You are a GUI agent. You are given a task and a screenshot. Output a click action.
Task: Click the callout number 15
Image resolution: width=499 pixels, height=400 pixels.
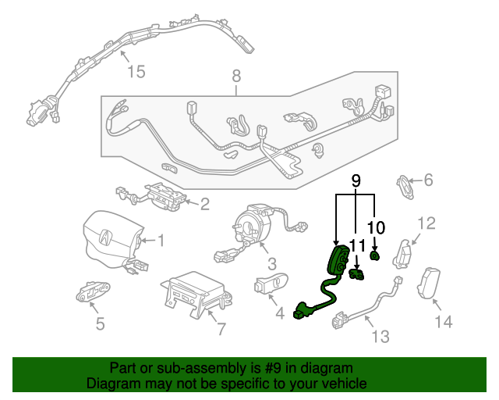136,72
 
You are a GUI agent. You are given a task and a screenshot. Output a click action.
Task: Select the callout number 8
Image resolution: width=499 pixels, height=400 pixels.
236,77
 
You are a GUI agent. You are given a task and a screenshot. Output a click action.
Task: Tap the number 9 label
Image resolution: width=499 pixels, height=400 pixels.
356,181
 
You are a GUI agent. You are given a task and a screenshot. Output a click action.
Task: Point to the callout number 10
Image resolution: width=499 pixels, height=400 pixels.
376,227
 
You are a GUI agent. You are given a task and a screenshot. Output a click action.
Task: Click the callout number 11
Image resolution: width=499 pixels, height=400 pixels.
357,246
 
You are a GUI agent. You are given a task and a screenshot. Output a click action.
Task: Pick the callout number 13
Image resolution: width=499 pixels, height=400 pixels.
380,337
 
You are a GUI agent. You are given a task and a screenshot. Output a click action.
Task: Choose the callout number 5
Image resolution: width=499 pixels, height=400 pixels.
100,323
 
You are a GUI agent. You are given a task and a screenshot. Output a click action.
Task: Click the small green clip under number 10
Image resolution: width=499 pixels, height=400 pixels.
375,255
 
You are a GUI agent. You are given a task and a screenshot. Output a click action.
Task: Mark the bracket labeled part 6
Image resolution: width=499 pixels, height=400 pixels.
407,185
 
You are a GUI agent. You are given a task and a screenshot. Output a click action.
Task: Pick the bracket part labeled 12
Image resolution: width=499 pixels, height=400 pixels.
404,253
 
